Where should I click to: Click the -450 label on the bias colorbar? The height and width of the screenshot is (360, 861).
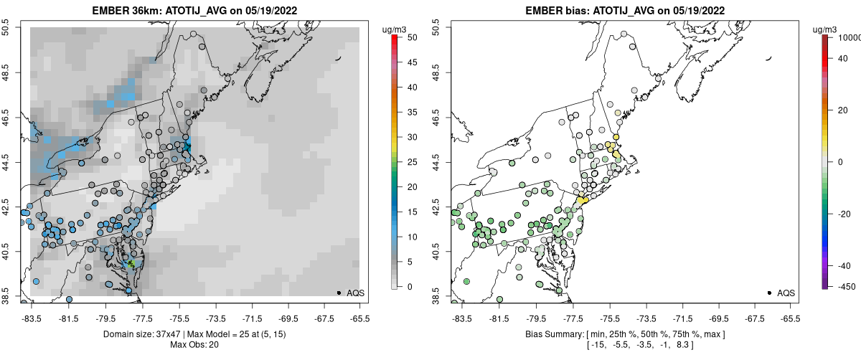pyautogui.click(x=844, y=287)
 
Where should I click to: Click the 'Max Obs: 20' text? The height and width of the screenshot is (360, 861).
pyautogui.click(x=194, y=345)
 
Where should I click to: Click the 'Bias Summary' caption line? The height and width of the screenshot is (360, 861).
pyautogui.click(x=625, y=334)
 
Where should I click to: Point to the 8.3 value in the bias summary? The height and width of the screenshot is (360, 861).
pyautogui.click(x=683, y=345)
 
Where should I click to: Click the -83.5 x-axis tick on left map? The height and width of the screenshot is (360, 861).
pyautogui.click(x=32, y=317)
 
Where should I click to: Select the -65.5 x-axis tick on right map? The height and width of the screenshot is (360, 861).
pyautogui.click(x=791, y=317)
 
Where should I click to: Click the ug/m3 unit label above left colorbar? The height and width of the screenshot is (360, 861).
pyautogui.click(x=395, y=29)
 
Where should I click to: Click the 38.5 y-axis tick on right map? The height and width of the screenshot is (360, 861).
pyautogui.click(x=436, y=295)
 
